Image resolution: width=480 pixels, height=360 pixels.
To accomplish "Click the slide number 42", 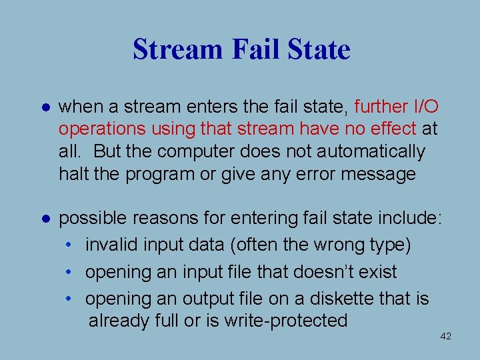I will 446,337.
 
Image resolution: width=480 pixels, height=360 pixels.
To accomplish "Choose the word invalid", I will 112,245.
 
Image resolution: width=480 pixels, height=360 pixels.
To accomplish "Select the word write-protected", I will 285,321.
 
